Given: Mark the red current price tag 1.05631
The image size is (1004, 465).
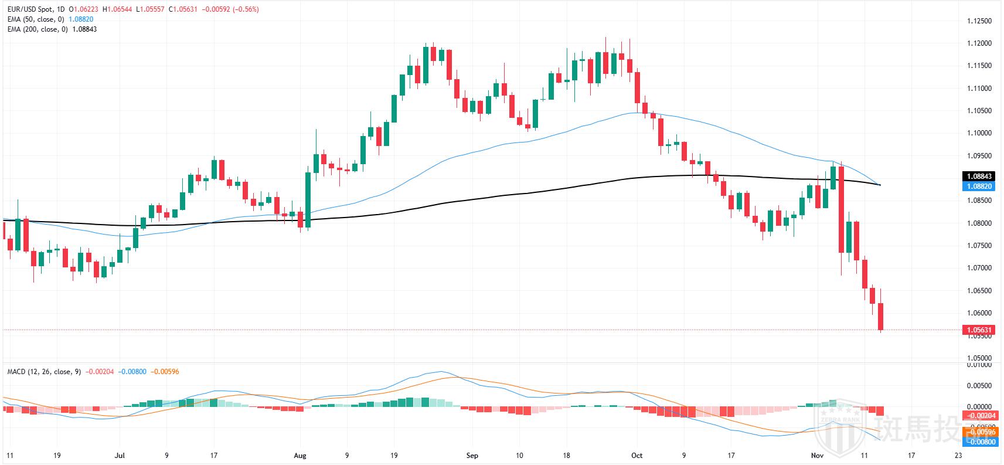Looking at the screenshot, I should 978,330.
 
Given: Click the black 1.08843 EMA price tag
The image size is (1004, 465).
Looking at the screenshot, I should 978,176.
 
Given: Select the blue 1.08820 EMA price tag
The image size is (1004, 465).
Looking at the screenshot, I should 978,186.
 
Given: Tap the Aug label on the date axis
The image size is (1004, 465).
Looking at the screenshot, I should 300,456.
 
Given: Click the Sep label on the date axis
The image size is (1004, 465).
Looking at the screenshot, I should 472,456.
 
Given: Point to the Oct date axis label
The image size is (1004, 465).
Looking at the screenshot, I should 637,456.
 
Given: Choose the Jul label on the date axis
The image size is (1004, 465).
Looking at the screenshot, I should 120,456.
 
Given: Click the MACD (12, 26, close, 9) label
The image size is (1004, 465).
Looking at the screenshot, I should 45,372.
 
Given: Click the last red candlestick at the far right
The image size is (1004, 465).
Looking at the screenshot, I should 881,317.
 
